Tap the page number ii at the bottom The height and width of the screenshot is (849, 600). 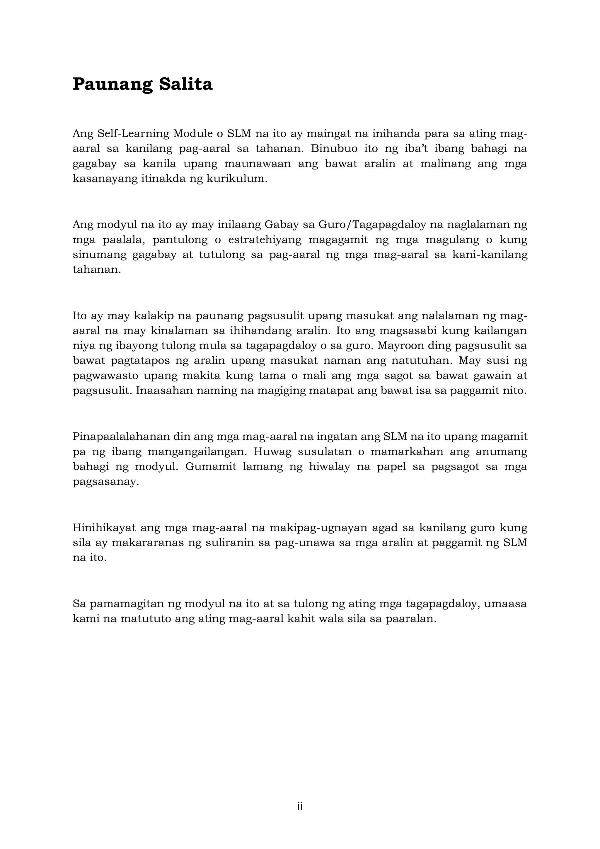tap(300, 806)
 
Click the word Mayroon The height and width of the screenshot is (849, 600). tap(427, 346)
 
